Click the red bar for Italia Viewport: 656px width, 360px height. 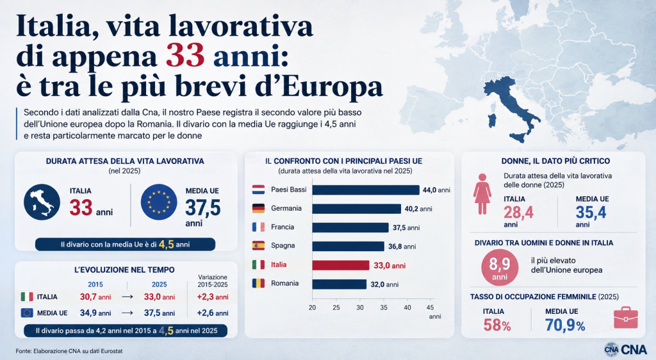(341, 265)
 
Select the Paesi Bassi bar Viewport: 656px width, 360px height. (366, 190)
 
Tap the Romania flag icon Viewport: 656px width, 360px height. (258, 283)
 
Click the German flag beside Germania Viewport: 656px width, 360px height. (258, 208)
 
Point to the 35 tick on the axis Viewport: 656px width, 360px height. (384, 307)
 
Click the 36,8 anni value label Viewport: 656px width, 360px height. (402, 247)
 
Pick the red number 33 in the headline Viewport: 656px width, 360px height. (185, 55)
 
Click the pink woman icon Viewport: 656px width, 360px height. (482, 194)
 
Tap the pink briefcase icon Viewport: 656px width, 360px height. (626, 318)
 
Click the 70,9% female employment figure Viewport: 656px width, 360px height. (565, 325)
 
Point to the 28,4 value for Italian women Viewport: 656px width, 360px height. (518, 213)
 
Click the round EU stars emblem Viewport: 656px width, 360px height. (159, 202)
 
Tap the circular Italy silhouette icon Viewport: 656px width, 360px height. (42, 202)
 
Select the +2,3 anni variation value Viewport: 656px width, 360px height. (213, 297)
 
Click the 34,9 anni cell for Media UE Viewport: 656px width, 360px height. (95, 313)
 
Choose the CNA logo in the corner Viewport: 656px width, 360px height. (625, 349)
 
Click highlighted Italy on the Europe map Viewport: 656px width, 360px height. (511, 106)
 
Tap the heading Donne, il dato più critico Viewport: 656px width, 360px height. (555, 161)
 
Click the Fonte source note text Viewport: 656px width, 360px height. (69, 351)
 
